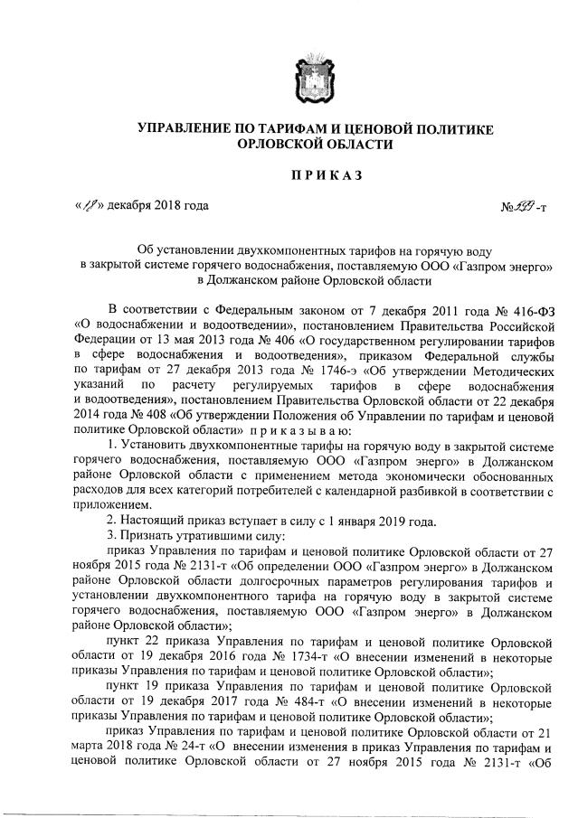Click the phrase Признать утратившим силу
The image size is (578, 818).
(x=203, y=539)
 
